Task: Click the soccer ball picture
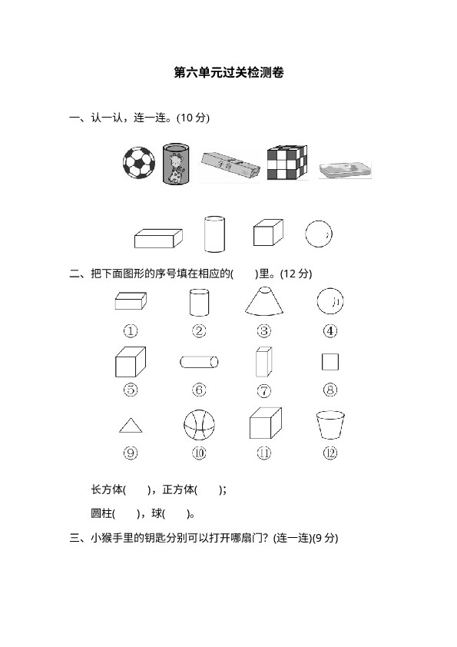tap(139, 163)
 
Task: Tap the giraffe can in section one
tap(176, 164)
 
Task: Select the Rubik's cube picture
tap(287, 162)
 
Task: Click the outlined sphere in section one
tap(319, 234)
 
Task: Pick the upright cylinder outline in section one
tap(215, 234)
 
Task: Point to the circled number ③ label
tap(264, 330)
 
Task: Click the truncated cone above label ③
tap(264, 301)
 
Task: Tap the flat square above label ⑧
tap(330, 362)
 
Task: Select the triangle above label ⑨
tap(131, 426)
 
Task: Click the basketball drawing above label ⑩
tap(199, 425)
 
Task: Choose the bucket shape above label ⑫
tap(330, 425)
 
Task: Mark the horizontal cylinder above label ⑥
tap(199, 362)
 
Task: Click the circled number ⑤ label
tap(131, 390)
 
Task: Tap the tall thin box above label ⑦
tap(264, 361)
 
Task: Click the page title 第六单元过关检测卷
tap(229, 73)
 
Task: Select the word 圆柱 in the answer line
tap(101, 514)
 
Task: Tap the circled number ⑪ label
tap(264, 453)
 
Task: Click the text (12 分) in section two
tap(296, 274)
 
